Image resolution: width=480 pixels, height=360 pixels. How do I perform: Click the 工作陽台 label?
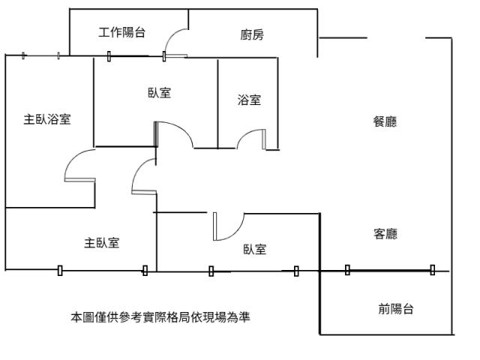(121, 32)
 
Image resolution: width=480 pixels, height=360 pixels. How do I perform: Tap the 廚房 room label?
(252, 34)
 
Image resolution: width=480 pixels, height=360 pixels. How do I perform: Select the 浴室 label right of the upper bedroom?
(249, 100)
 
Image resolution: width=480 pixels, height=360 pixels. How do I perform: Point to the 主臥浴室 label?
(47, 119)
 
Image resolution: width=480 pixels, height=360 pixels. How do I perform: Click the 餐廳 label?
(385, 121)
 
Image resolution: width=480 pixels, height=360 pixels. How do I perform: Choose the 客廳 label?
(385, 234)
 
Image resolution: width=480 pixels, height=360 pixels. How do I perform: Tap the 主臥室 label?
(101, 243)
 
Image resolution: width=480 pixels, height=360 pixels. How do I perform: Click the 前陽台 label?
(396, 309)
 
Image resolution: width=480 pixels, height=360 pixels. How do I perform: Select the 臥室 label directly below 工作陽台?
(159, 93)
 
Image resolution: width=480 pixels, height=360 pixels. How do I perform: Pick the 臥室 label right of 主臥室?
(255, 250)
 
